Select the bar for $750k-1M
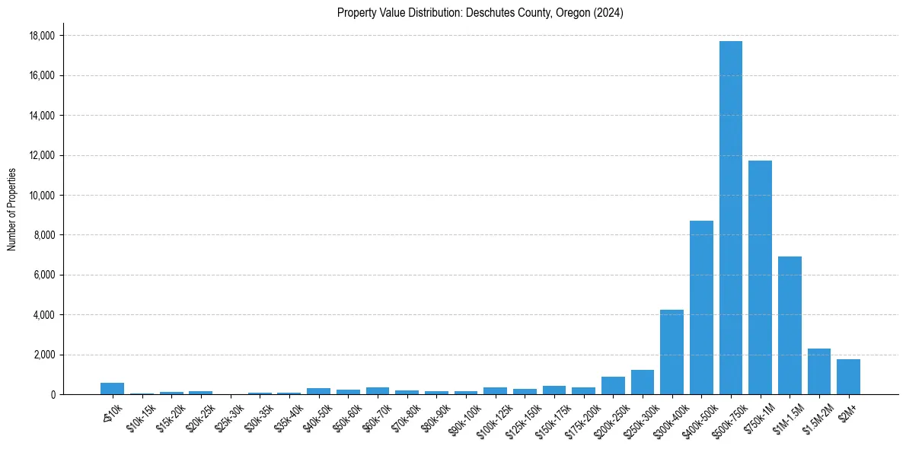click(x=760, y=278)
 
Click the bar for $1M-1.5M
click(x=790, y=326)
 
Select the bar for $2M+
click(x=848, y=377)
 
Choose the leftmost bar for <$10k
click(x=112, y=389)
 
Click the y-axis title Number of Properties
click(x=11, y=209)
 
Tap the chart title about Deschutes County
click(x=480, y=13)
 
